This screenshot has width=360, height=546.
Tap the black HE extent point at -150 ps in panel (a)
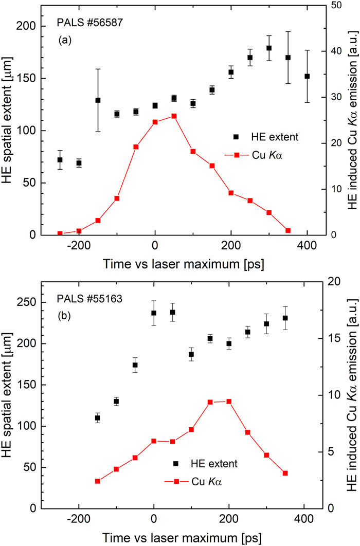click(x=98, y=100)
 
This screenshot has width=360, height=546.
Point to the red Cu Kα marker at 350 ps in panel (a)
click(x=287, y=230)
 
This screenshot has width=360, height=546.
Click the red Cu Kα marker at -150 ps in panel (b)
click(x=97, y=481)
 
